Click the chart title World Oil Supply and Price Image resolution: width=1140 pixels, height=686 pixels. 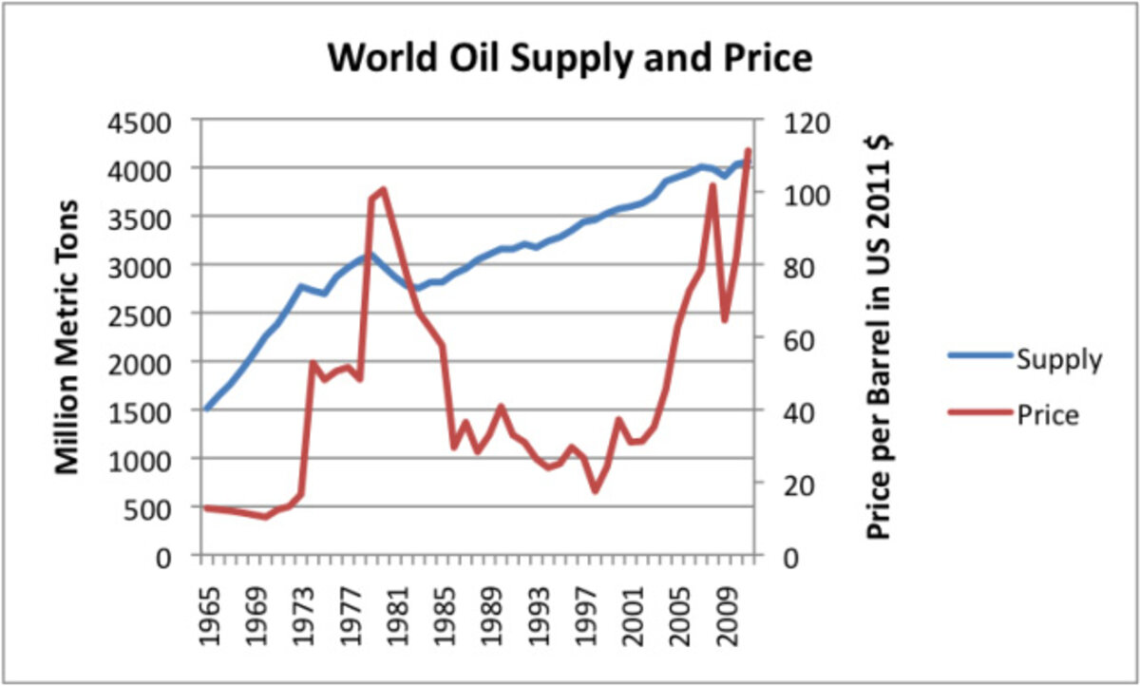pyautogui.click(x=570, y=59)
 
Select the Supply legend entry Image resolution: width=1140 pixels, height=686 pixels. pyautogui.click(x=1058, y=360)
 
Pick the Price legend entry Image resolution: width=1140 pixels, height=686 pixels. pyautogui.click(x=1047, y=415)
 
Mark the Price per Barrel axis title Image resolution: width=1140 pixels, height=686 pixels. pyautogui.click(x=881, y=337)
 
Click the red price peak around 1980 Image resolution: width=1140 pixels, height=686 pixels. pyautogui.click(x=383, y=189)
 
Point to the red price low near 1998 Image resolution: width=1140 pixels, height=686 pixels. pyautogui.click(x=595, y=490)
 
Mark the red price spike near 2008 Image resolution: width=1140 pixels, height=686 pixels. pyautogui.click(x=712, y=185)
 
